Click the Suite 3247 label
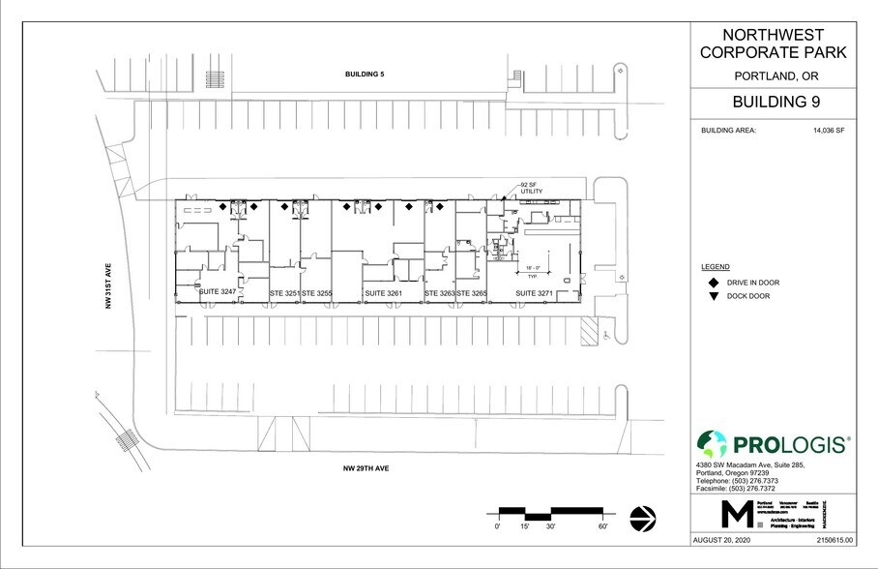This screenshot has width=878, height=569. (218, 292)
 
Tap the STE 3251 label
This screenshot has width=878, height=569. (284, 292)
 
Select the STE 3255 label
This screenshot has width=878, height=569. (316, 292)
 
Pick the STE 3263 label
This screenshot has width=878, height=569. (439, 292)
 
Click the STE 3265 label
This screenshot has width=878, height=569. (471, 292)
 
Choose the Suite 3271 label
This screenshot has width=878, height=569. (535, 292)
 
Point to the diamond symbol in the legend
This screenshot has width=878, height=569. (713, 283)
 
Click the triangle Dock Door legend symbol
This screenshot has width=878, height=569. (713, 296)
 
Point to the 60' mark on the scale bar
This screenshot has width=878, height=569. (602, 526)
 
